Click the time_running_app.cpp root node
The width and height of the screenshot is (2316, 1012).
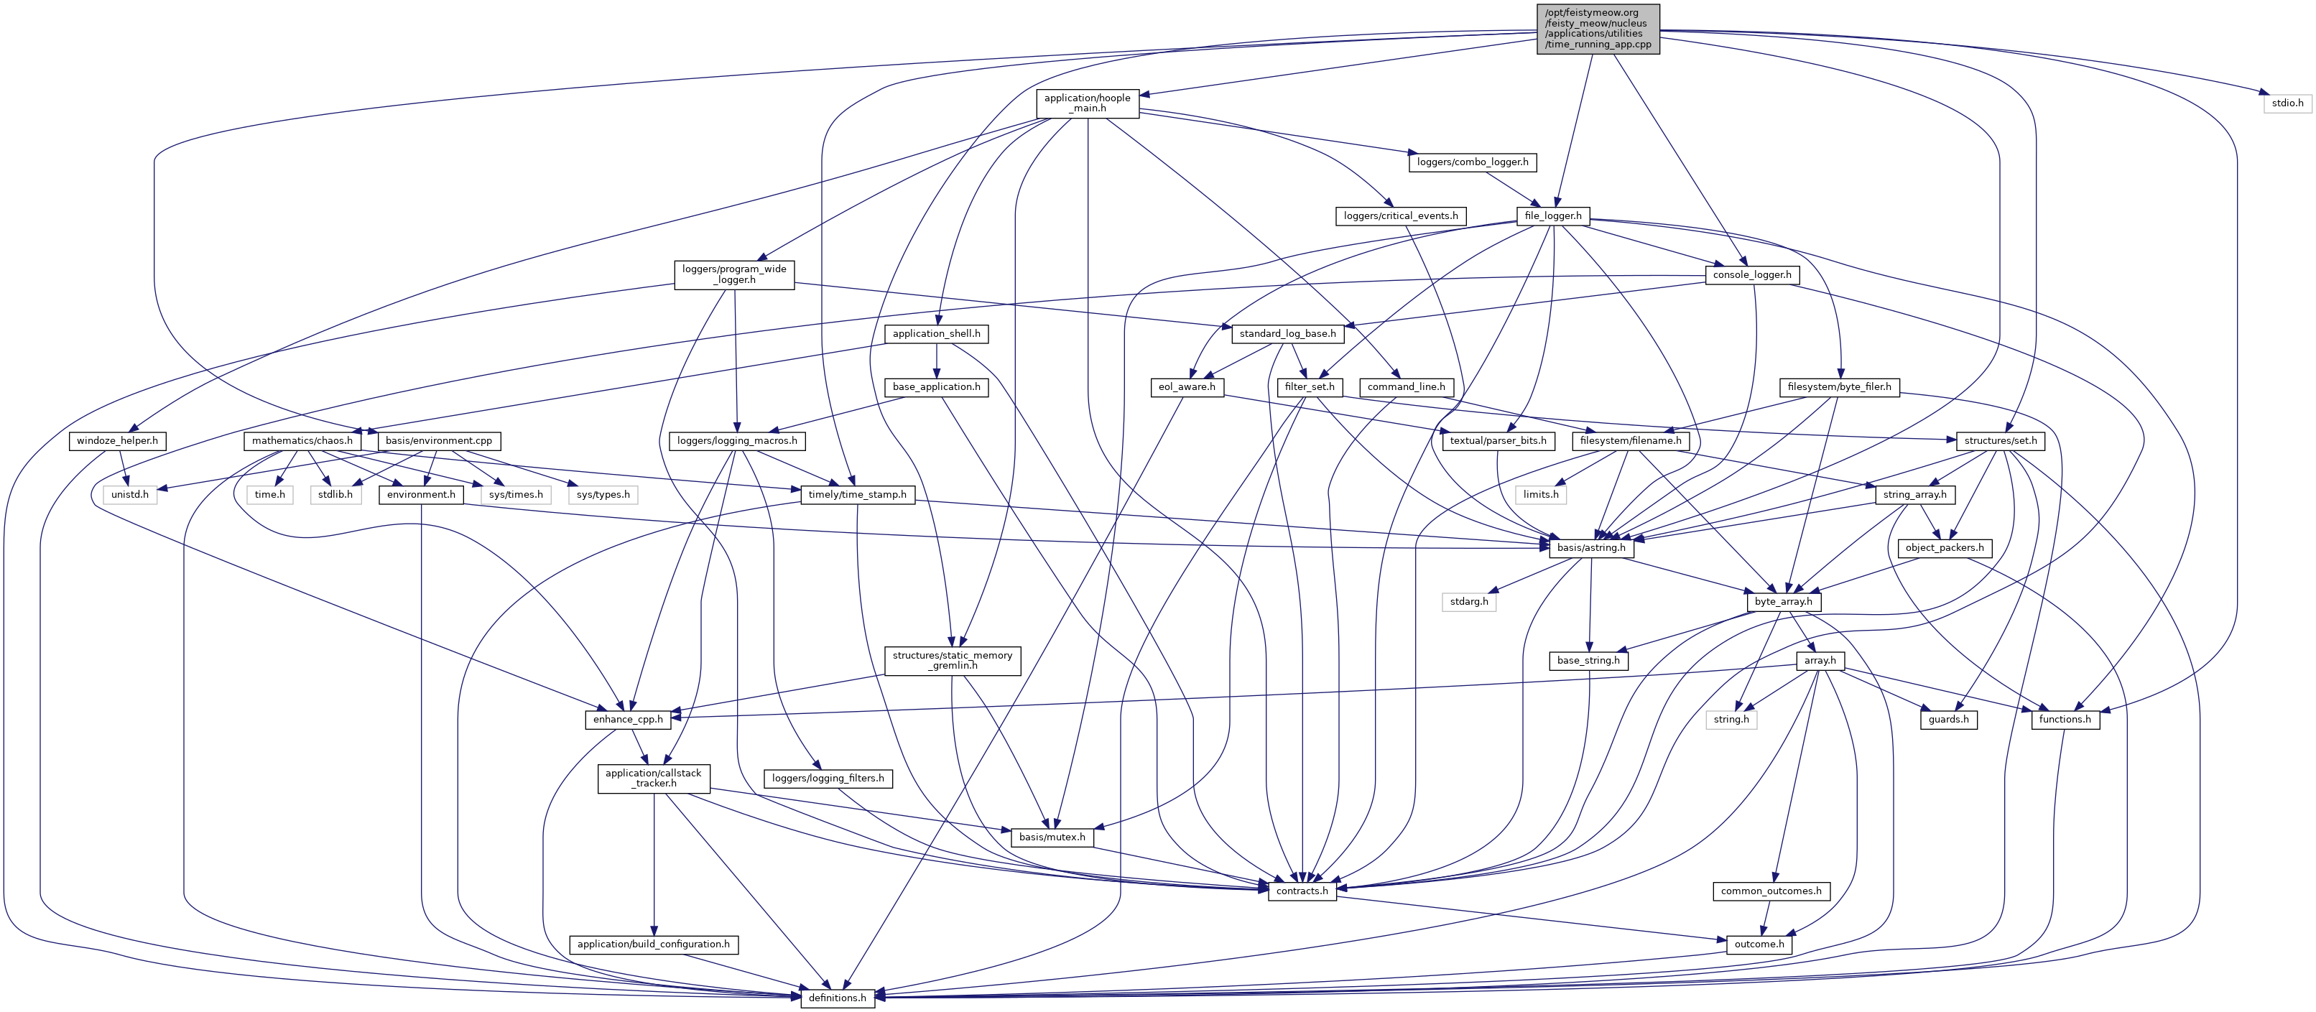coord(1598,29)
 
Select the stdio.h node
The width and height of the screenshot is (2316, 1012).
coord(2287,103)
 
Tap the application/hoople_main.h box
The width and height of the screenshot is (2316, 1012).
coord(1087,103)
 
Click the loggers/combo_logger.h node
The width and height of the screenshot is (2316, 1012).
coord(1472,162)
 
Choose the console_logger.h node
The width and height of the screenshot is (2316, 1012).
coord(1751,275)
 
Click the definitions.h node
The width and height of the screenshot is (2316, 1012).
coord(837,998)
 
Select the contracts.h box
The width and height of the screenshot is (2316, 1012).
coord(1302,891)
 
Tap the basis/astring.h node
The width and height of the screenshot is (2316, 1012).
coord(1590,547)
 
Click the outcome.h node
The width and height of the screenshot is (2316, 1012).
coord(1759,944)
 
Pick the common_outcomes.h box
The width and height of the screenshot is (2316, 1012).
coord(1770,891)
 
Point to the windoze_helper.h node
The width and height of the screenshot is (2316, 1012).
coord(117,441)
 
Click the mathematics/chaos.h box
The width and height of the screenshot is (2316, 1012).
coord(302,441)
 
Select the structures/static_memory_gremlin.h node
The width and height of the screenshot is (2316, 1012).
coord(952,661)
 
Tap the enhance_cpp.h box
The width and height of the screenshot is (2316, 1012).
coord(628,719)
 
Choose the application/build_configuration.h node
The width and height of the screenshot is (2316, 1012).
coord(654,944)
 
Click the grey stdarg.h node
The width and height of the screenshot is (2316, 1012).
coord(1469,602)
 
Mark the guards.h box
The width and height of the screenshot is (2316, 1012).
coord(1948,719)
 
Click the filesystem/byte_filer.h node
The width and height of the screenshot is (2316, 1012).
coord(1838,387)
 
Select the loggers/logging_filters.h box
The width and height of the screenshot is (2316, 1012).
coord(827,779)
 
